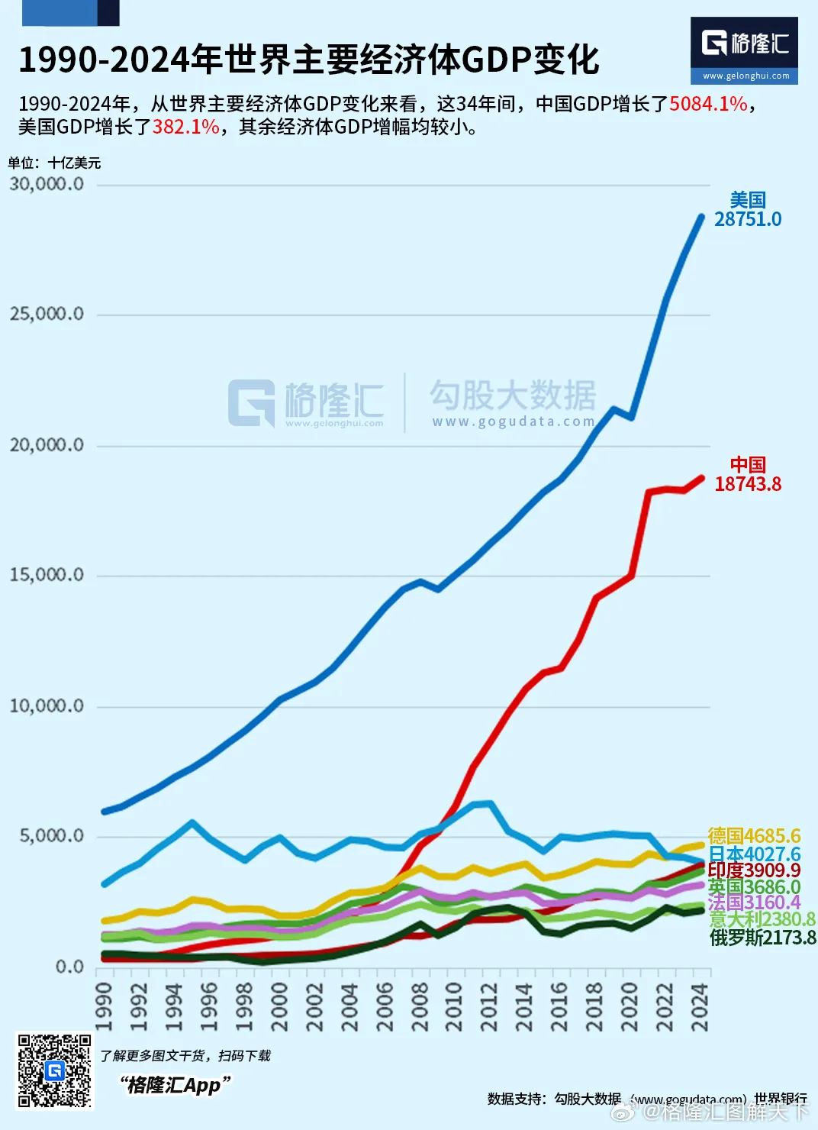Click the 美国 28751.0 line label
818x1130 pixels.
point(748,210)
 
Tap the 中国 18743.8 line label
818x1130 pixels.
point(748,475)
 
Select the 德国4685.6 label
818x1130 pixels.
point(754,836)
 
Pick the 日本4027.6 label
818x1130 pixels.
point(754,854)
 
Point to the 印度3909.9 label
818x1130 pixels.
point(754,870)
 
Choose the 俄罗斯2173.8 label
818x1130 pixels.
point(762,938)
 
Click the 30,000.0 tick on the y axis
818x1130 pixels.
point(47,184)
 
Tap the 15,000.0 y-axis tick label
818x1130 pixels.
point(47,575)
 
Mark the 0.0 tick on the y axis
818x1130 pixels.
point(69,967)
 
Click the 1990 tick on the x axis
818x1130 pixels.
point(104,1007)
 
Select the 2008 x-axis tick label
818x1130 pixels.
point(420,1007)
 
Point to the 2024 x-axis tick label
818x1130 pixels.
point(700,1007)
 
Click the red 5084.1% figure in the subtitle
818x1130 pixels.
point(708,104)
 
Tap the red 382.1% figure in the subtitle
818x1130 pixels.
point(186,127)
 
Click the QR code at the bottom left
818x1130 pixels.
point(55,1070)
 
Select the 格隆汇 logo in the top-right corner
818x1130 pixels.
point(744,50)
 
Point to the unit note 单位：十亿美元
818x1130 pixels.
point(54,163)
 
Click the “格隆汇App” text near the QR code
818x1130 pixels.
point(175,1085)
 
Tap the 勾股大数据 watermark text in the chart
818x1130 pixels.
point(513,395)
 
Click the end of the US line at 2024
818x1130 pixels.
point(701,218)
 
